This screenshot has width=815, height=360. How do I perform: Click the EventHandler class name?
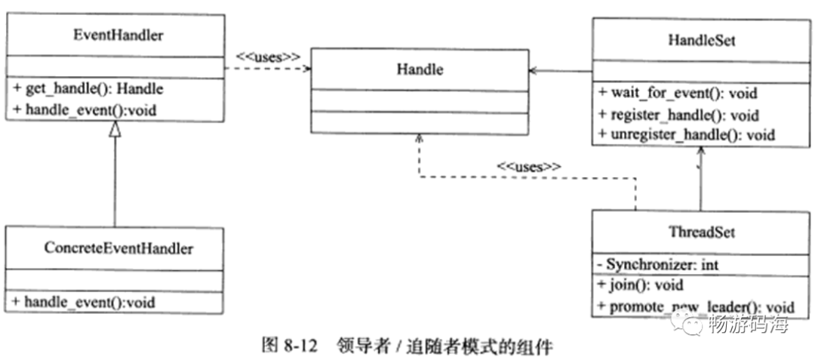pyautogui.click(x=115, y=34)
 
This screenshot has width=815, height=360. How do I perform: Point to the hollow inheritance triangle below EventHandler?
pyautogui.click(x=115, y=130)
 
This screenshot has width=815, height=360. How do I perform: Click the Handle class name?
pyautogui.click(x=420, y=70)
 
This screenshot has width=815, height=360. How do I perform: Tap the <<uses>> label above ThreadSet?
pyautogui.click(x=529, y=167)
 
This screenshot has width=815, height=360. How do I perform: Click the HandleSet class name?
pyautogui.click(x=701, y=40)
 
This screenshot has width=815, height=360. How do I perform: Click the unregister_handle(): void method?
pyautogui.click(x=687, y=136)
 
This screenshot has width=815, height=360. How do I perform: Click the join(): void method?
pyautogui.click(x=640, y=285)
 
